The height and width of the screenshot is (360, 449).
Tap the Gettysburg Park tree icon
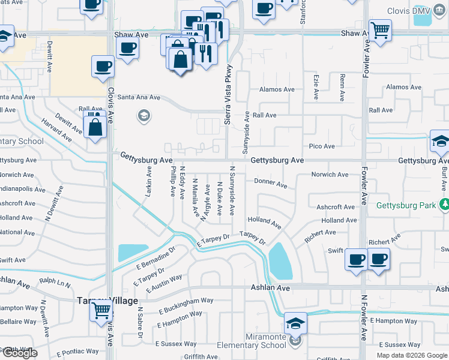(x=444, y=205)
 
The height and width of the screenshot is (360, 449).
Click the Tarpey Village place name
(x=107, y=300)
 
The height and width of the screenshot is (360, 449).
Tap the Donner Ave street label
(x=271, y=182)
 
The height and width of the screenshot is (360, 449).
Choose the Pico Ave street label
(x=321, y=146)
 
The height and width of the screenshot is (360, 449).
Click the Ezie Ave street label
(x=316, y=88)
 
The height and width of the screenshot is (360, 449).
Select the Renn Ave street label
(x=342, y=88)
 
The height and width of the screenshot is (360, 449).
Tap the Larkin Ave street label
(x=148, y=182)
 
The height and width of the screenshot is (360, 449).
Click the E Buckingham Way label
(x=186, y=305)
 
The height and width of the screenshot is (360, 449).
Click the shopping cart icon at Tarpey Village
(x=101, y=311)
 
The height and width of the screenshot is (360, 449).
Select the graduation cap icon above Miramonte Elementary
(x=295, y=323)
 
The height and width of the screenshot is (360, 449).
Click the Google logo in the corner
(x=19, y=353)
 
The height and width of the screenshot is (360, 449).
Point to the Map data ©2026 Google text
(x=412, y=355)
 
